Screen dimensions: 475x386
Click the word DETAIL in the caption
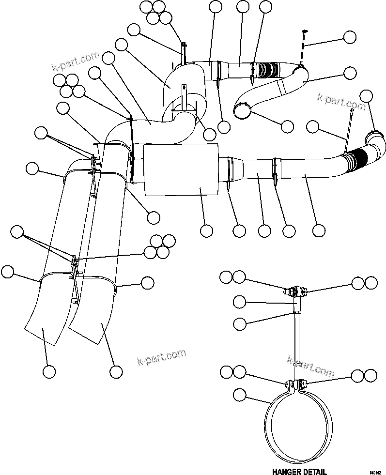pos(313,471)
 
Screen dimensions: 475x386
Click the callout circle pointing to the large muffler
pos(207,231)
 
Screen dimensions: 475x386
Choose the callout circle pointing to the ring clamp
pos(239,395)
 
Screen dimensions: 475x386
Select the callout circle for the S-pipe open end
pos(287,126)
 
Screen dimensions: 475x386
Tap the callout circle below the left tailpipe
pos(48,371)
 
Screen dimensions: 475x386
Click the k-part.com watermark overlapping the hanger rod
pos(310,367)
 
